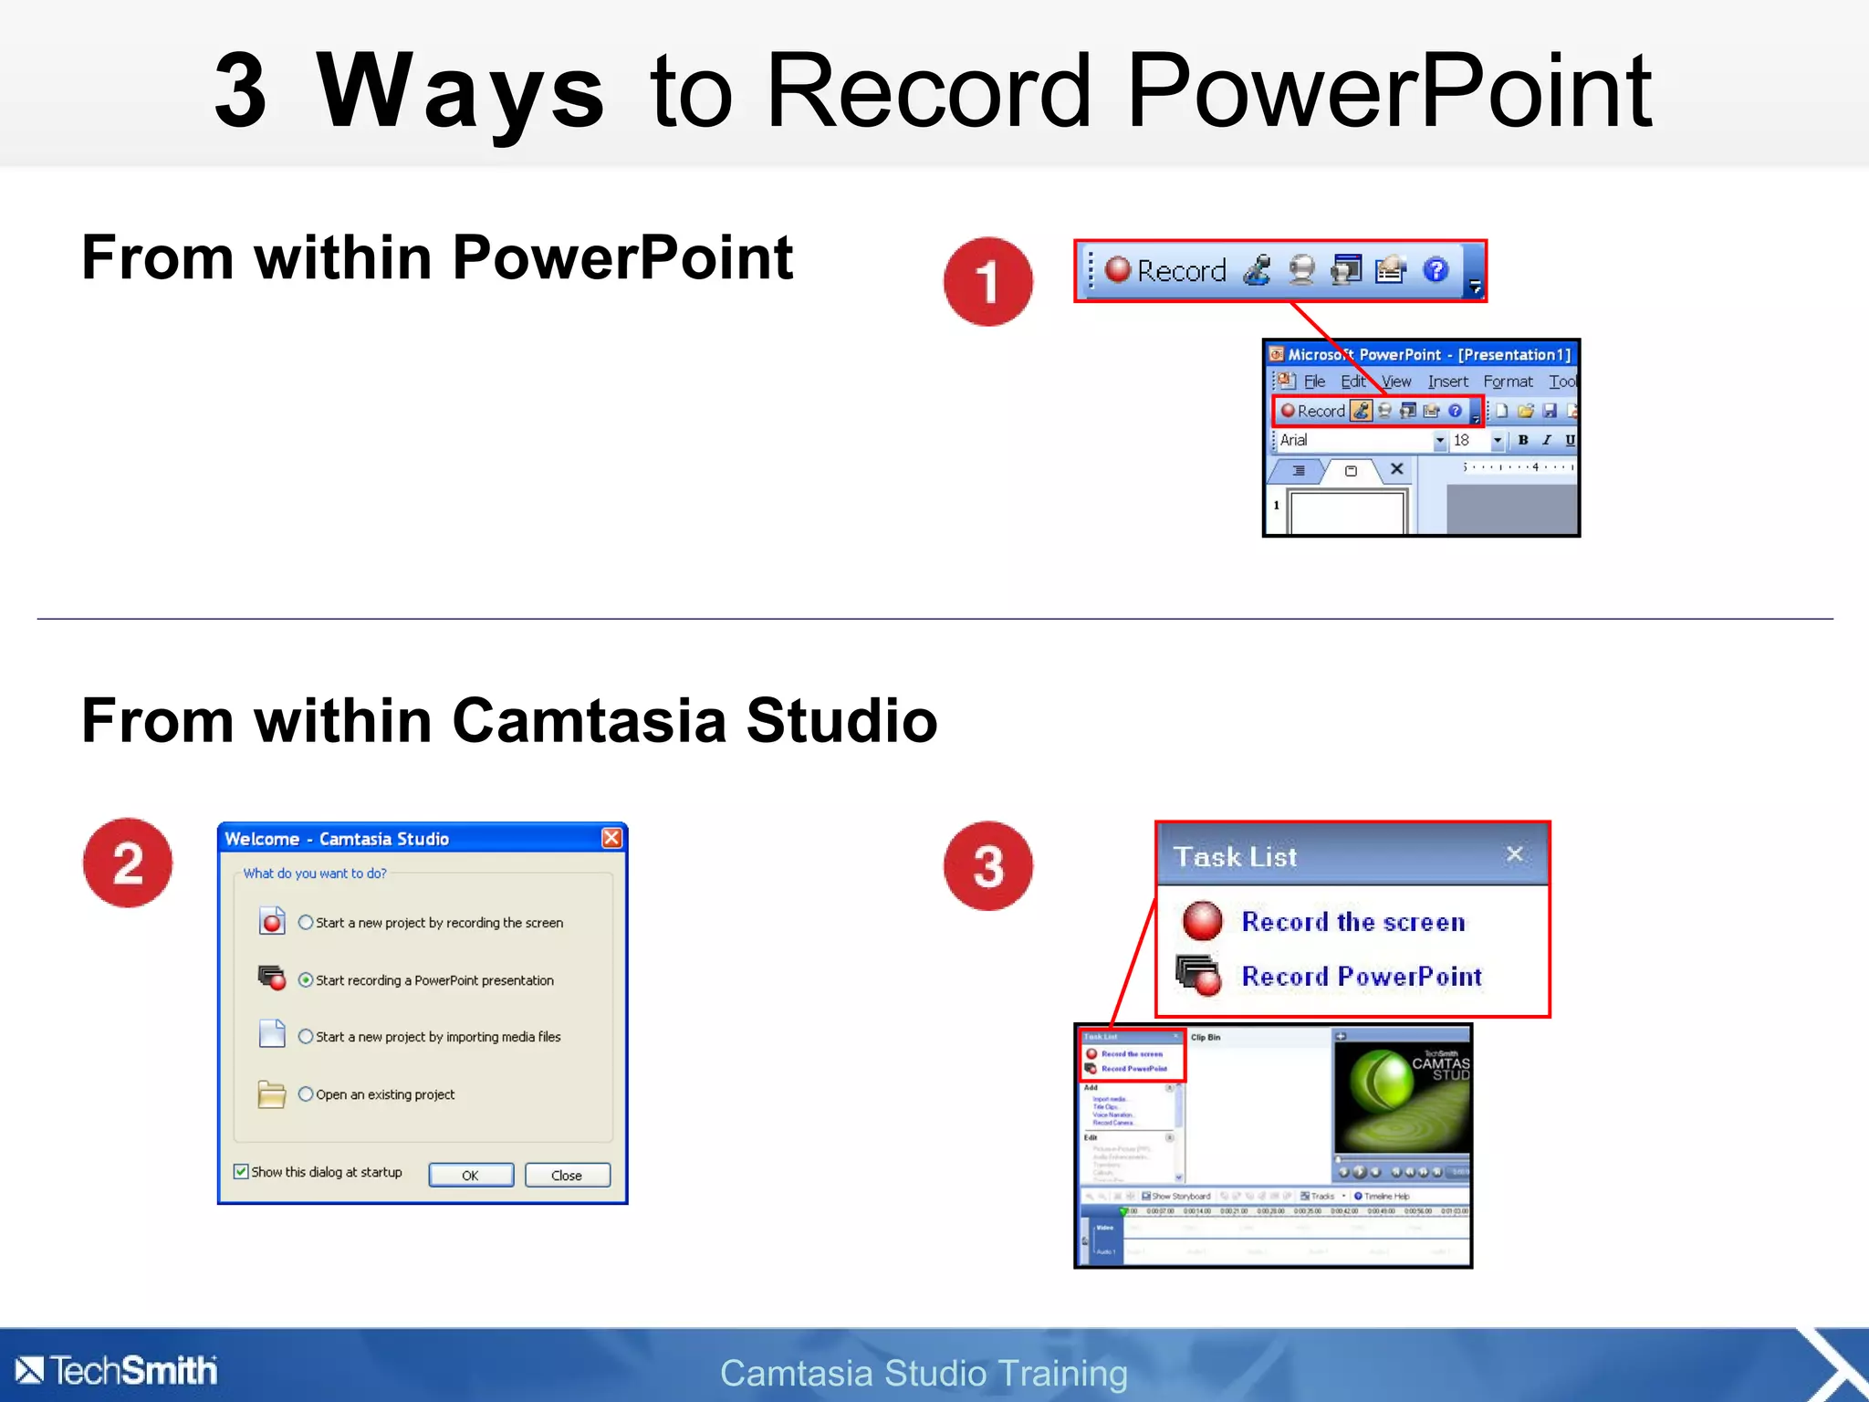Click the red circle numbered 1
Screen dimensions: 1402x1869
pos(988,281)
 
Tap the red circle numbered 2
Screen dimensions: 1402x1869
pos(128,863)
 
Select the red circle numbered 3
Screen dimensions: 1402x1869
pos(988,865)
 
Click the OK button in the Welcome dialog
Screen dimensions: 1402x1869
pos(471,1175)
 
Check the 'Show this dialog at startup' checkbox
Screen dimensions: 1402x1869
pos(241,1171)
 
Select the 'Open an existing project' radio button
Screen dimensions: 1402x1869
pos(306,1093)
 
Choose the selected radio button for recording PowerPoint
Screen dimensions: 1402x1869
pos(306,979)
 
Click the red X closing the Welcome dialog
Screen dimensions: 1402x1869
pos(611,838)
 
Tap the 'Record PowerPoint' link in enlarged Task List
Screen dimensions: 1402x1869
pos(1362,977)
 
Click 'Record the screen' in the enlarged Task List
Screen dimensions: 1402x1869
pos(1353,922)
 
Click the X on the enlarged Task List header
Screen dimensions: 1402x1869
pos(1515,854)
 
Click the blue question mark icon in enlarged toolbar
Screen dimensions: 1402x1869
pos(1436,270)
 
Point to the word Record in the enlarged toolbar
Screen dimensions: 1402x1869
pos(1181,271)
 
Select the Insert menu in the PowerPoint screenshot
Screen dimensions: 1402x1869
pos(1447,382)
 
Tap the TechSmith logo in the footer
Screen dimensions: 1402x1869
pos(117,1370)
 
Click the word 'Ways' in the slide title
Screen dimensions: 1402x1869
pos(459,91)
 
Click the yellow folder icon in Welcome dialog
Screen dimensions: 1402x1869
pos(271,1093)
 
